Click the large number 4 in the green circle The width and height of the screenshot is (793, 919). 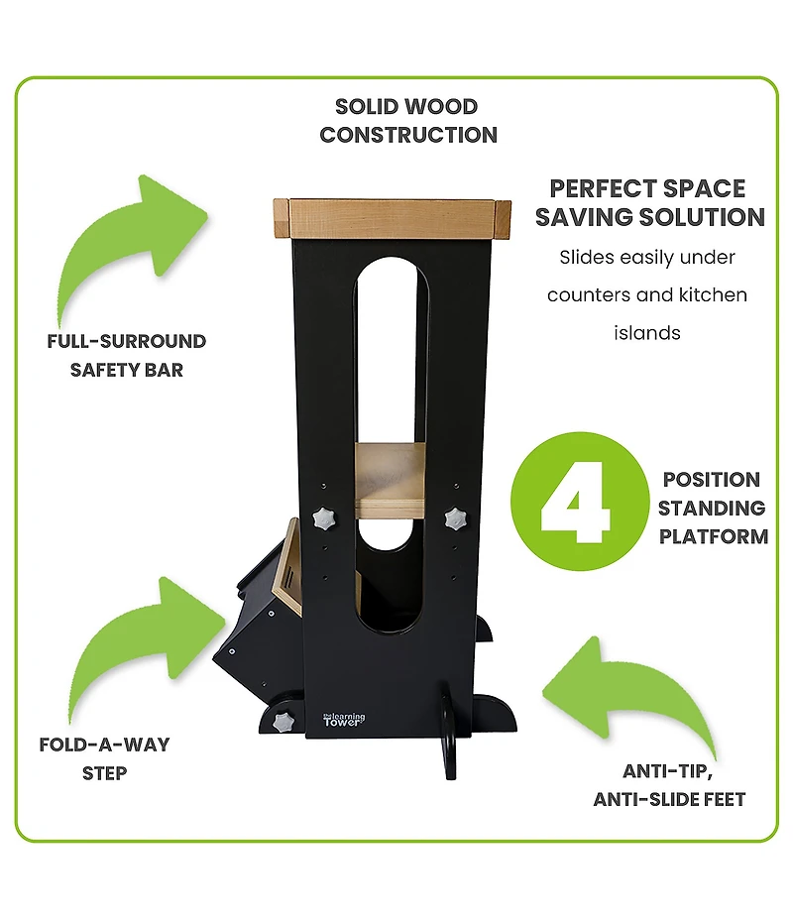(x=575, y=508)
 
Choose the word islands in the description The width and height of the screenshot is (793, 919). (x=647, y=333)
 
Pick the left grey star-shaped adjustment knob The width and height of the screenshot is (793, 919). (x=324, y=517)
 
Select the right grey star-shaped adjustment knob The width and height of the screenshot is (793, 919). (x=456, y=517)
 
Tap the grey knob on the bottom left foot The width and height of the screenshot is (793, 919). (x=284, y=721)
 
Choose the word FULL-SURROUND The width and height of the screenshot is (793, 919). (x=127, y=342)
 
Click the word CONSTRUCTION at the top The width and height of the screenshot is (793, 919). (x=408, y=135)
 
